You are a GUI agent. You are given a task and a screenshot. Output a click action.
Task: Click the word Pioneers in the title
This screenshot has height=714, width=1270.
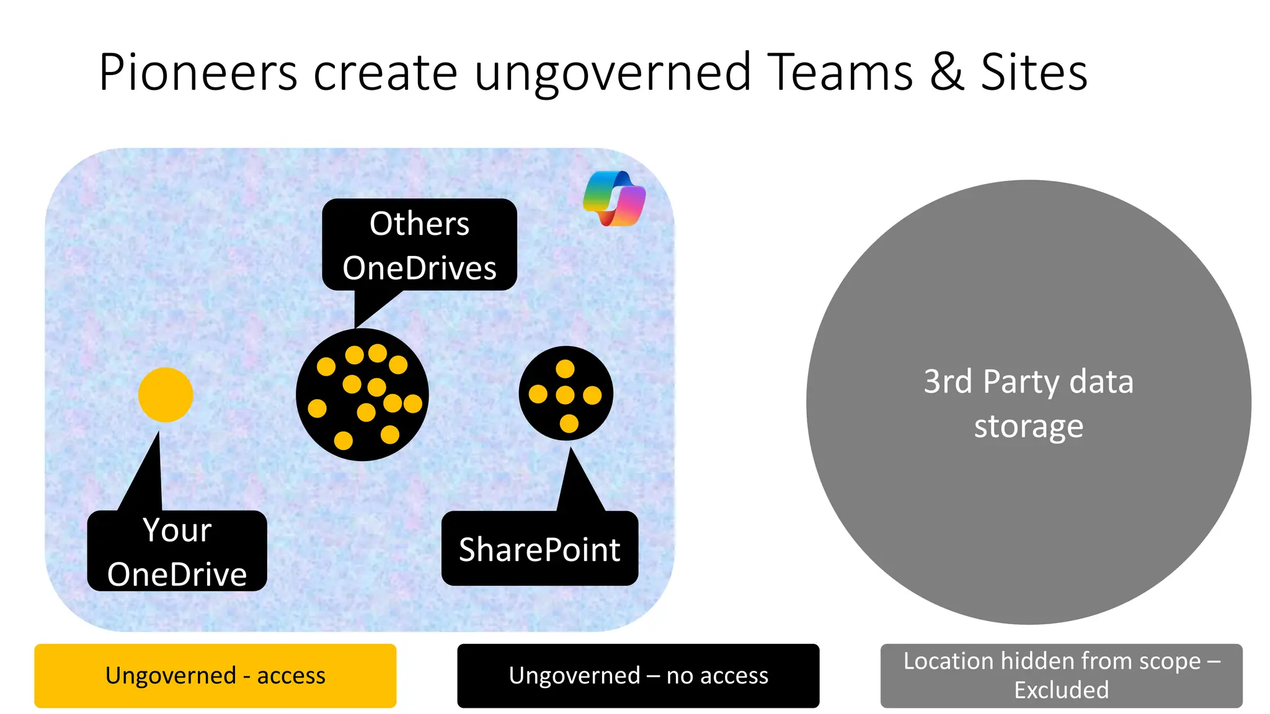coord(198,73)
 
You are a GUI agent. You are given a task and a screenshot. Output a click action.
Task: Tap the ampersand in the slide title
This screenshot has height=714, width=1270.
coord(946,73)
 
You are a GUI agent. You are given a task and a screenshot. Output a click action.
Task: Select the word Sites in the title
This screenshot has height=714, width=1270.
coord(1034,73)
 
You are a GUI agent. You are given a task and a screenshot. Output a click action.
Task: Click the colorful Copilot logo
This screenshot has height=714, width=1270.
coord(615,198)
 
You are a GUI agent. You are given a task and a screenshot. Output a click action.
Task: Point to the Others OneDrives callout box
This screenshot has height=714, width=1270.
coord(419,245)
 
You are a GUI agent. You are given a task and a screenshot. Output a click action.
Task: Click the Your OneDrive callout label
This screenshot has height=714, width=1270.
coord(177,551)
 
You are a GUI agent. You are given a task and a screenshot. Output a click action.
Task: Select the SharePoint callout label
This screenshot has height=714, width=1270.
coord(540,549)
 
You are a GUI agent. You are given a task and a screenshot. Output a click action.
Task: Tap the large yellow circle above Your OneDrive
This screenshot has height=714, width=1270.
coord(166,395)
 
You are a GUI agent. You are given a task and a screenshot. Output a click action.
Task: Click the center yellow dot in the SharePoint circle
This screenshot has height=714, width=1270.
coord(565,395)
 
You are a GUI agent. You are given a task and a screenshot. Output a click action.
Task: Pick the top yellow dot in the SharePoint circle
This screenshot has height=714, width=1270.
coord(565,369)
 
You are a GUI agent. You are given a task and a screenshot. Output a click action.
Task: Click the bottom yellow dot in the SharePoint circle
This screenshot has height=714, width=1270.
coord(569,424)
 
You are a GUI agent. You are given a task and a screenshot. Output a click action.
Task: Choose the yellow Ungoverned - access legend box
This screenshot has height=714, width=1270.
coord(215,676)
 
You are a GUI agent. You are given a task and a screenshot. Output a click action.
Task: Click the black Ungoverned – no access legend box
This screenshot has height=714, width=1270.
coord(638,676)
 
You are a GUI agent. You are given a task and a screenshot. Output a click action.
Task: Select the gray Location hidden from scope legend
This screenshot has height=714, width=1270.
coord(1061,676)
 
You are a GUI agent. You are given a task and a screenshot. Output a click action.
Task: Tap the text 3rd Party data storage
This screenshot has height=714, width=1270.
coord(1028,403)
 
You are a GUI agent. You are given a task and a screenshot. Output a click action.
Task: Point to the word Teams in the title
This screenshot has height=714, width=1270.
coord(840,73)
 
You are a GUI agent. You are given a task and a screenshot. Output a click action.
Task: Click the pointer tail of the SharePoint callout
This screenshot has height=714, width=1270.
coord(578,483)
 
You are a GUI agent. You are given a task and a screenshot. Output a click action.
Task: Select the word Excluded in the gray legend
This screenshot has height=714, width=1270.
coord(1061,690)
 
